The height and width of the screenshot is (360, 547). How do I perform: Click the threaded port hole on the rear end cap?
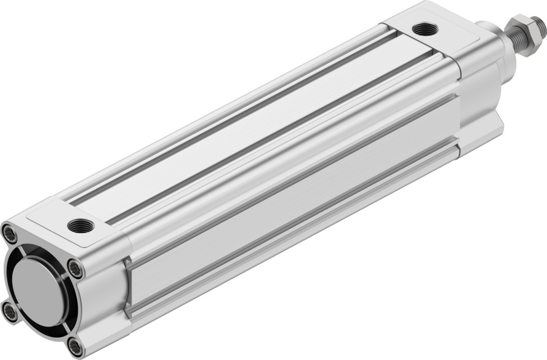(x=81, y=226)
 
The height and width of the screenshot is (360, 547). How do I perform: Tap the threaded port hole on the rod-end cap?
(x=425, y=30)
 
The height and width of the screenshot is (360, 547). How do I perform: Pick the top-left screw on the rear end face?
(x=10, y=234)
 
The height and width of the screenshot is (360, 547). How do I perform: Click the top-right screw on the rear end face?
(x=76, y=268)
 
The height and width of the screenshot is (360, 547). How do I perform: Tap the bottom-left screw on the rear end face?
(x=10, y=311)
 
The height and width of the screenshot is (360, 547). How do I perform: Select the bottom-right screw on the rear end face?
(x=75, y=345)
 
